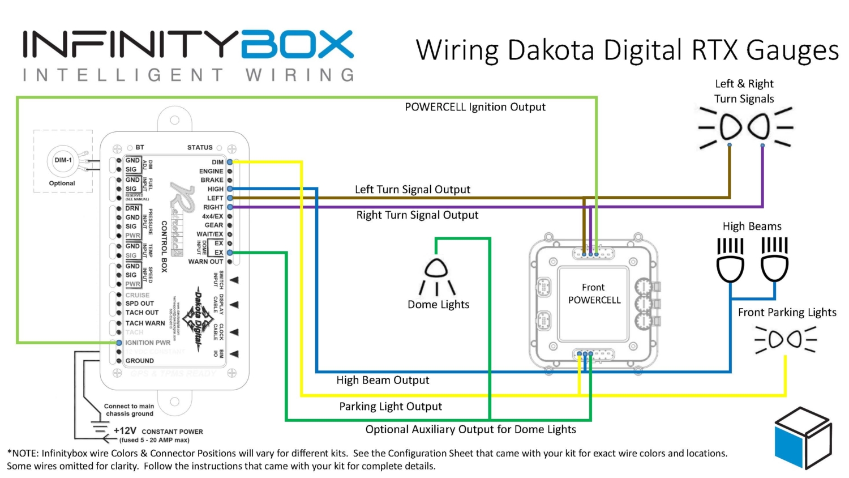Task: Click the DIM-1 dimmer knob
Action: click(x=63, y=160)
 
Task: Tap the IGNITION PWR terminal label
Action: click(x=148, y=343)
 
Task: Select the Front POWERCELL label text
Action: click(x=594, y=294)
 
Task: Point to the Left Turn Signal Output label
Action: click(x=412, y=189)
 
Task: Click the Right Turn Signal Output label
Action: click(x=417, y=215)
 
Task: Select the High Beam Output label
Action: click(x=383, y=380)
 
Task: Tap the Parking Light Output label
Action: click(x=391, y=406)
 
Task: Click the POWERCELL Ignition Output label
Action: click(x=475, y=107)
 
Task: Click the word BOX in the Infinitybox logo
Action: click(x=298, y=45)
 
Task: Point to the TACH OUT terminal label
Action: click(x=142, y=313)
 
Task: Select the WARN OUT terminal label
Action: click(x=205, y=262)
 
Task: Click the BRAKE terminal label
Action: click(x=212, y=180)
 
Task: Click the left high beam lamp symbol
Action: click(x=730, y=261)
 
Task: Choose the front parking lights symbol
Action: click(x=786, y=340)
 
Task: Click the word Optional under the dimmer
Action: click(x=62, y=183)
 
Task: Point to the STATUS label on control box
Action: click(x=200, y=148)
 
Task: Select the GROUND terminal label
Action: click(x=139, y=361)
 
